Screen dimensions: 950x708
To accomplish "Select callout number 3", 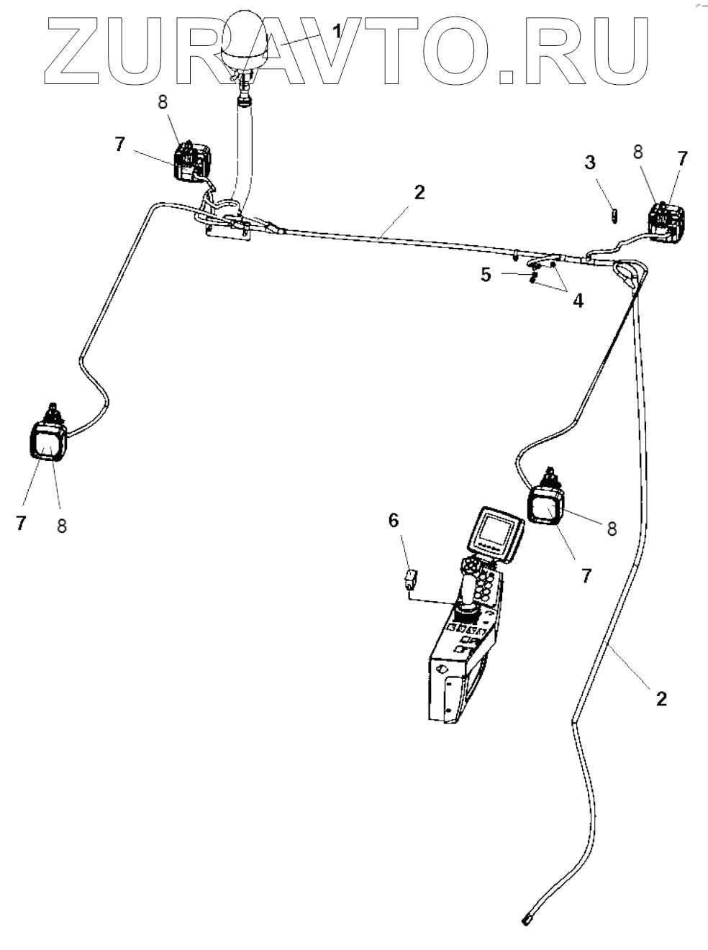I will pos(591,162).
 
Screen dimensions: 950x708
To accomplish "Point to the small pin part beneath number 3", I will pos(613,216).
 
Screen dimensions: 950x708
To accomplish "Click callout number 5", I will pos(487,275).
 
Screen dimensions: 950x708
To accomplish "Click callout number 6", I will pos(394,520).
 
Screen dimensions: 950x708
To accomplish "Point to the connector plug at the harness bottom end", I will pos(526,920).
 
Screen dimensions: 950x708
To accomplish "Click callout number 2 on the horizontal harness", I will pos(419,192).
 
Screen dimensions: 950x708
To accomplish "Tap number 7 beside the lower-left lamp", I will pos(21,524).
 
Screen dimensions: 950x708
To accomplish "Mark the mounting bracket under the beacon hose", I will pos(227,229).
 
